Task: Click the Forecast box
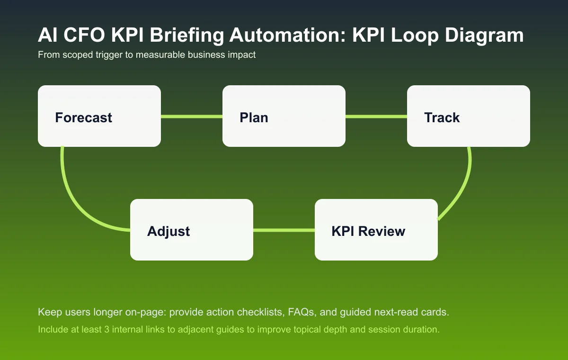pos(99,116)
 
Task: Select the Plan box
pos(284,116)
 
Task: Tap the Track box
pos(469,116)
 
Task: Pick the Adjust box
pos(192,230)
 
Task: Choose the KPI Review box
pos(376,230)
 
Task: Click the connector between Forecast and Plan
pos(192,116)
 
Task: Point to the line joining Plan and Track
pos(376,116)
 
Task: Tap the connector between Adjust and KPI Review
pos(284,230)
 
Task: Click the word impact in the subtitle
pos(242,55)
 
